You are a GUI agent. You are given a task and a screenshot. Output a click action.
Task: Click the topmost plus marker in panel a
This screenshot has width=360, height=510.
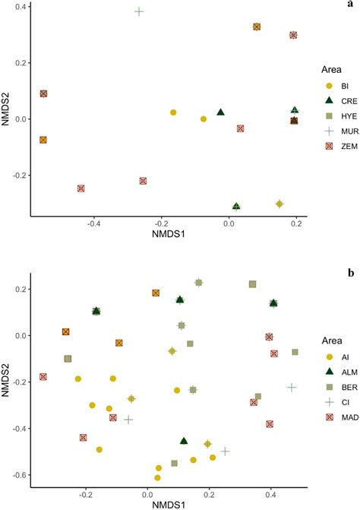(139, 11)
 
